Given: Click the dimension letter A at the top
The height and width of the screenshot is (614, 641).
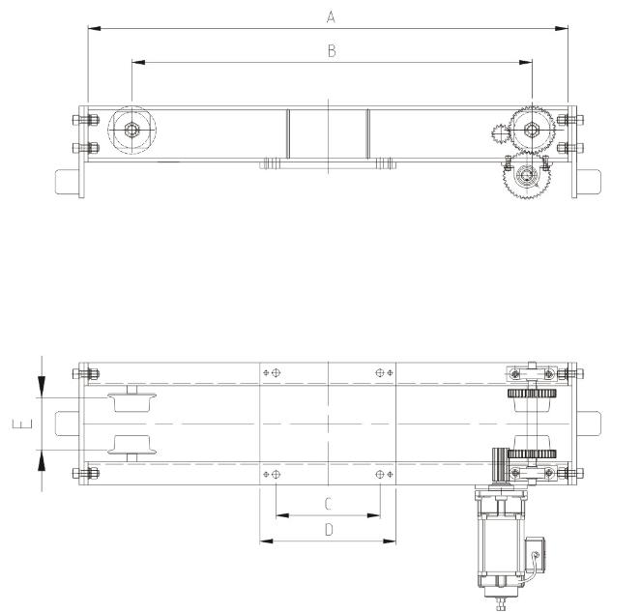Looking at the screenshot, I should point(331,15).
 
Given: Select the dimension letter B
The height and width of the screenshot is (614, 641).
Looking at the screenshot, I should point(331,51).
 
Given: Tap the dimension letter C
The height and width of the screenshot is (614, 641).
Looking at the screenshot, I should point(328,504).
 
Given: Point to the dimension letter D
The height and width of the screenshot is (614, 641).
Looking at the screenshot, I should point(328,530).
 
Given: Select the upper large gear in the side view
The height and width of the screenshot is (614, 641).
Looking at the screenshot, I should point(531,130).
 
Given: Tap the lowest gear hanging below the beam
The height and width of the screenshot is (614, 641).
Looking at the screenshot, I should point(525,176).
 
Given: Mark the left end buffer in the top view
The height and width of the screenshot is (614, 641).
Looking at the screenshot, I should point(68,182).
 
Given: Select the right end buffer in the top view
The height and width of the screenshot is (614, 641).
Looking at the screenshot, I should point(589,182).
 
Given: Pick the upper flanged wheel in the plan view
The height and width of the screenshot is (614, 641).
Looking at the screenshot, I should point(131,400).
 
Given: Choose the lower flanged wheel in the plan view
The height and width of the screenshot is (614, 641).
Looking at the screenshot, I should point(131,446).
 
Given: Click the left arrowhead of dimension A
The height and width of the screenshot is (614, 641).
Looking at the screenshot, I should point(92,28).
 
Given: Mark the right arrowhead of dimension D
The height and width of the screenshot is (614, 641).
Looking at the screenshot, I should point(392,541).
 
